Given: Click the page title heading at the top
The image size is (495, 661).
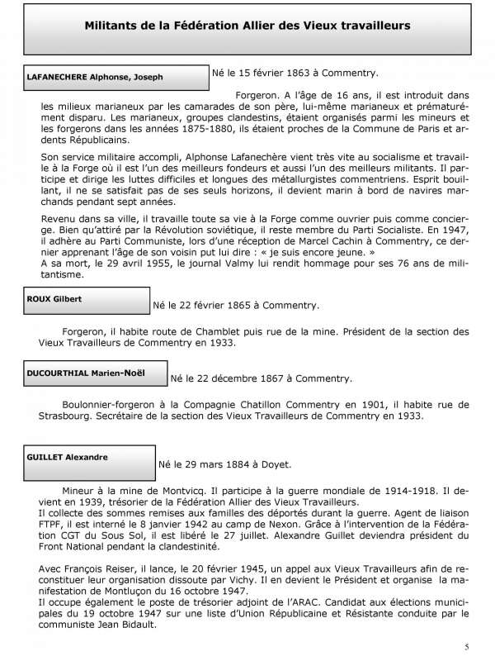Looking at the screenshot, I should (x=247, y=26).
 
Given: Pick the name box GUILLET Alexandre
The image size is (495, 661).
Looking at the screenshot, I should (x=89, y=459).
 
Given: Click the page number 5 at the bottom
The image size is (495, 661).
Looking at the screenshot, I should (x=467, y=645).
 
